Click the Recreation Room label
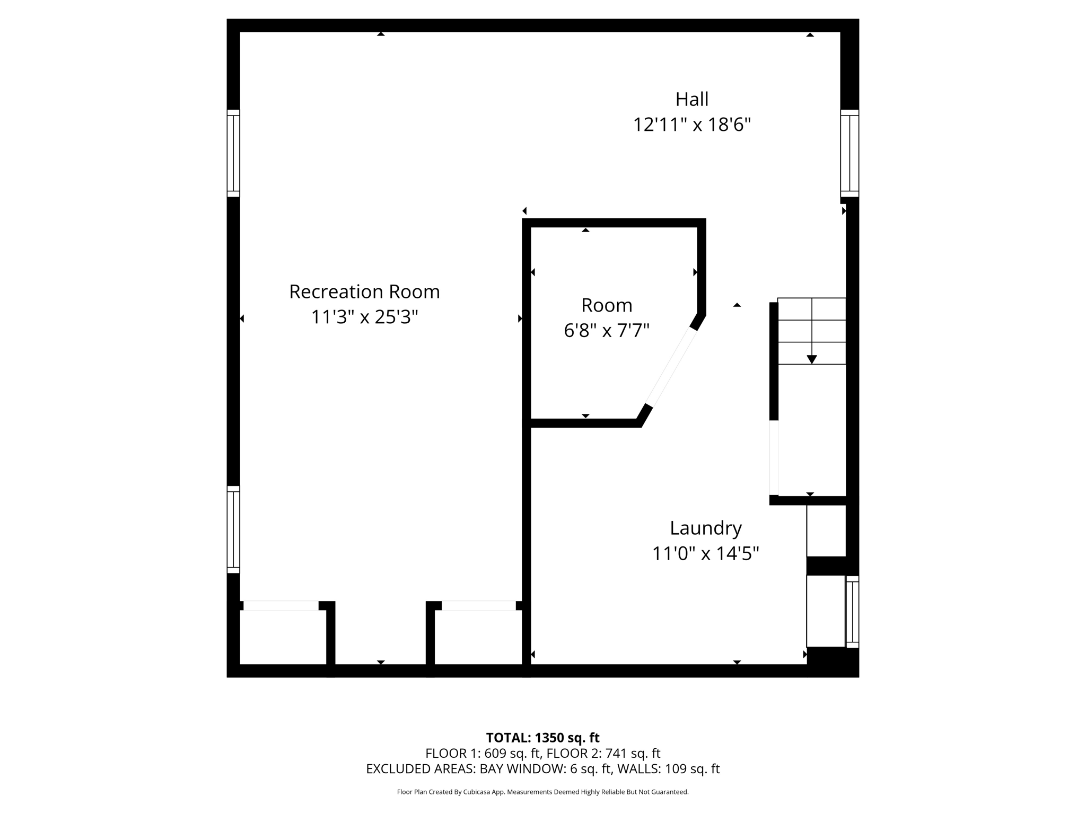tap(364, 292)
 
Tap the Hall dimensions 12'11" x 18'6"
tap(691, 125)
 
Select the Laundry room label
tap(705, 528)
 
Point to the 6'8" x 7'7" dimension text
tap(607, 331)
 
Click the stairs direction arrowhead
tap(811, 359)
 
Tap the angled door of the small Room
tap(671, 368)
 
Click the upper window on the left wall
tap(233, 153)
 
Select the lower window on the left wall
tap(233, 529)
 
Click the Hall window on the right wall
tap(849, 153)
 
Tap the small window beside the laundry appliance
tap(852, 612)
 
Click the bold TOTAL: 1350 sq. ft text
tap(542, 738)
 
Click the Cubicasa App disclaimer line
tap(542, 792)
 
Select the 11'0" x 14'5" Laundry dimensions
tap(705, 554)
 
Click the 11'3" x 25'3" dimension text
tap(364, 317)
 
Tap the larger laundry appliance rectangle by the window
tap(825, 611)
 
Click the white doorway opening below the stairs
tap(774, 458)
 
